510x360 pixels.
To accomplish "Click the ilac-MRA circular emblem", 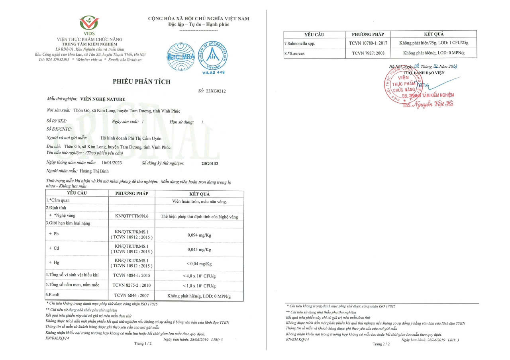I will click(180, 56).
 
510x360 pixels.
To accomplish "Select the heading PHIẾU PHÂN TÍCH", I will click(141, 82).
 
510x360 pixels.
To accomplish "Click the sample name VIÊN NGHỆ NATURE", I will click(103, 99).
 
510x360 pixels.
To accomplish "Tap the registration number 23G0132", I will click(210, 163).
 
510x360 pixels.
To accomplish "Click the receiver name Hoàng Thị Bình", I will click(94, 170).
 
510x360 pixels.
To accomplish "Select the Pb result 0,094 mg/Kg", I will click(199, 235).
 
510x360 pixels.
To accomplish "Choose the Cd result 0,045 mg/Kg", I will click(199, 250).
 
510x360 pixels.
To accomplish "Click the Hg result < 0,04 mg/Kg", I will click(199, 264).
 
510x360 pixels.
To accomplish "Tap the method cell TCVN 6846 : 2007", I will click(131, 295).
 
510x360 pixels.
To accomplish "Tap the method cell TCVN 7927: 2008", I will click(368, 53).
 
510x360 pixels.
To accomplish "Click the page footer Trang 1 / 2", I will click(143, 343).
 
